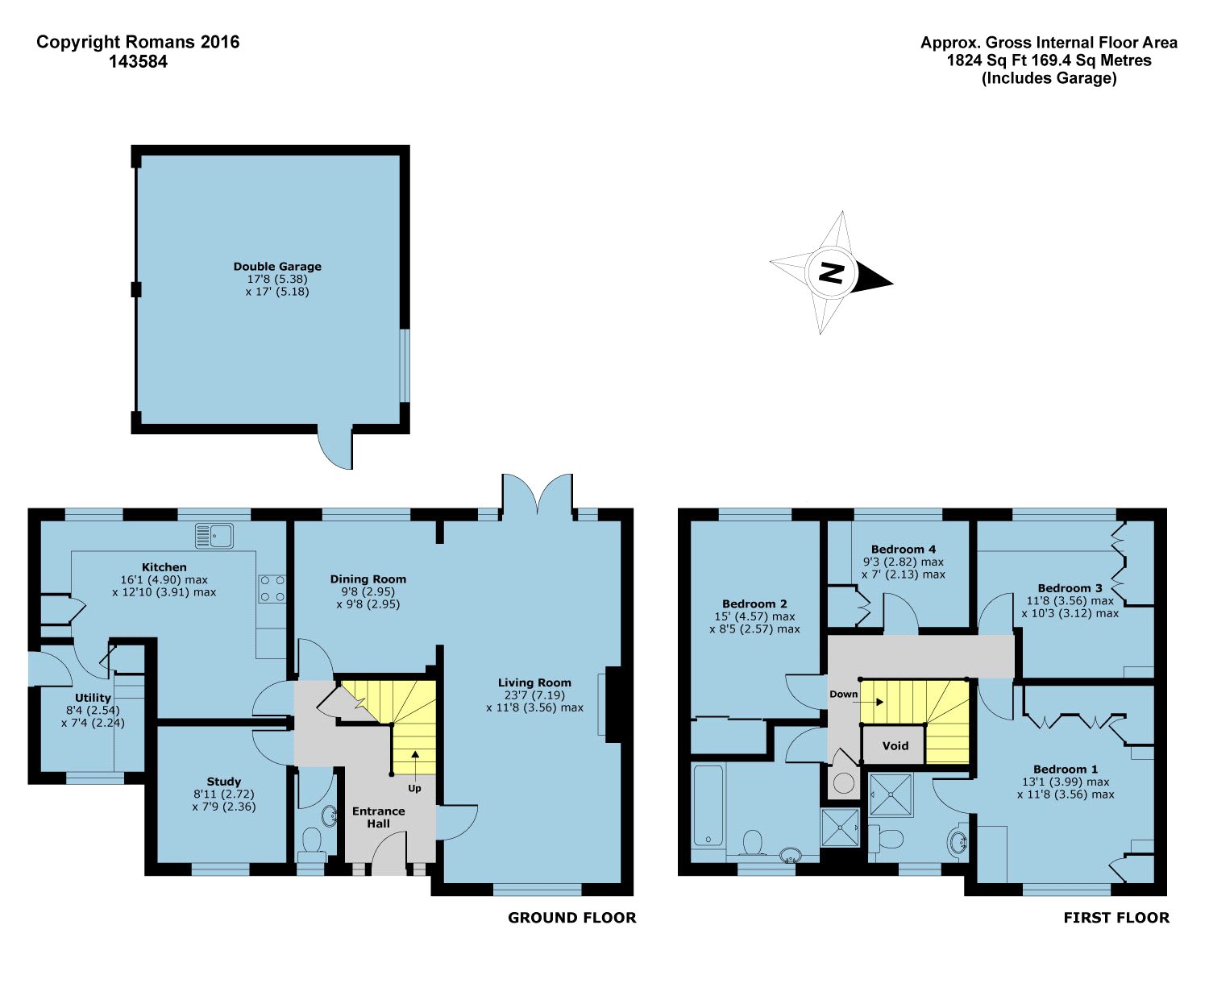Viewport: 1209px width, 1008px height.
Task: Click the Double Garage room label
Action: tap(276, 267)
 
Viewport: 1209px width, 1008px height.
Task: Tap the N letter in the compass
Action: tap(832, 272)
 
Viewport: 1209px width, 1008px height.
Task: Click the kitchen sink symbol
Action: tap(214, 536)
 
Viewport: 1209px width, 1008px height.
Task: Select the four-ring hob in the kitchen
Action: tap(272, 588)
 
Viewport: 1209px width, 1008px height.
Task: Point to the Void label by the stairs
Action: tap(895, 745)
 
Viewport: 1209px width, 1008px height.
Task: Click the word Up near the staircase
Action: tap(414, 788)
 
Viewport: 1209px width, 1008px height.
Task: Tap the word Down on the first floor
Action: tap(844, 695)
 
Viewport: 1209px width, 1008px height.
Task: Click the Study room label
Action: tap(223, 782)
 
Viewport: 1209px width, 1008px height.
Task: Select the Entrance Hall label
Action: tap(379, 817)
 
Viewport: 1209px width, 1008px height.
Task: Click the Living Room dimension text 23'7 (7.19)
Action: tap(534, 695)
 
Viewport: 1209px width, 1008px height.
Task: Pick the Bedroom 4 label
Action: tap(904, 549)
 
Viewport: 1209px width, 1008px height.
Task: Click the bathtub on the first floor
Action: tap(708, 806)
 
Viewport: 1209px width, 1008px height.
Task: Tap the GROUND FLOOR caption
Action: tap(572, 918)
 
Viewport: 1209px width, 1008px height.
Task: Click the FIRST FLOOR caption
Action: tap(1116, 918)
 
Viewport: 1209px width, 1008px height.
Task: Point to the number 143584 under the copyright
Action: tap(139, 62)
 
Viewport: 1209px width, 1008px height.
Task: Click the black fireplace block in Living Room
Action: tap(613, 704)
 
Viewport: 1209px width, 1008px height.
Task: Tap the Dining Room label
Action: tap(368, 579)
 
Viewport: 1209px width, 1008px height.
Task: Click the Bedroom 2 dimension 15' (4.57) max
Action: tap(754, 616)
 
